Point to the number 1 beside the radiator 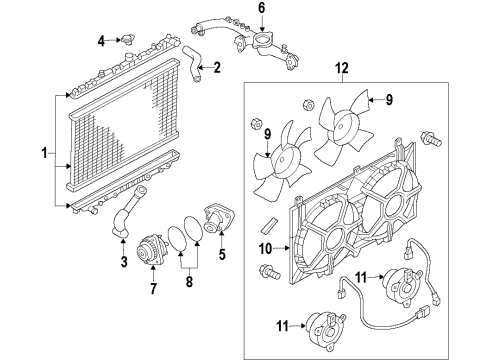pos(43,153)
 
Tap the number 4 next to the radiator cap pos(101,40)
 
